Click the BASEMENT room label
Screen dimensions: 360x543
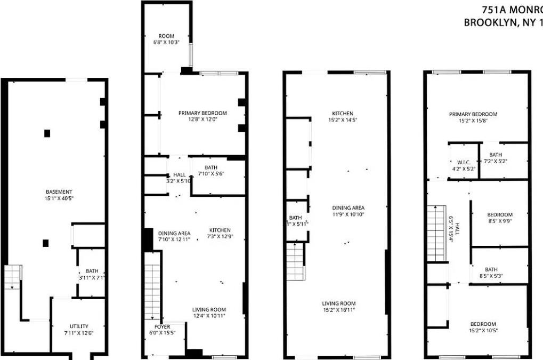59,191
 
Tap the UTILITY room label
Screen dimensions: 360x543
79,326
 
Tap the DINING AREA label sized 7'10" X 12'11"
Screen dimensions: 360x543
174,233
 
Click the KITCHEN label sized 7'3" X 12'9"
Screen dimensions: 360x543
220,230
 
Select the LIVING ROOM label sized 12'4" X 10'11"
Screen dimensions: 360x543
209,309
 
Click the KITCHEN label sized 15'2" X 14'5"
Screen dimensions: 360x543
343,114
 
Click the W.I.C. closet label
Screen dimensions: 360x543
461,163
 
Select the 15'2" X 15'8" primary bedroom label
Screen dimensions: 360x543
473,114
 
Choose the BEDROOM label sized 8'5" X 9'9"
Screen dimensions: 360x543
499,215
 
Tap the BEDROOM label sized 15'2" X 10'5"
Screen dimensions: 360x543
483,324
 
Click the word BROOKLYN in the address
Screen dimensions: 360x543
488,22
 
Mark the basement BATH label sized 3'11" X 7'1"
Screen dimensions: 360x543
92,271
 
